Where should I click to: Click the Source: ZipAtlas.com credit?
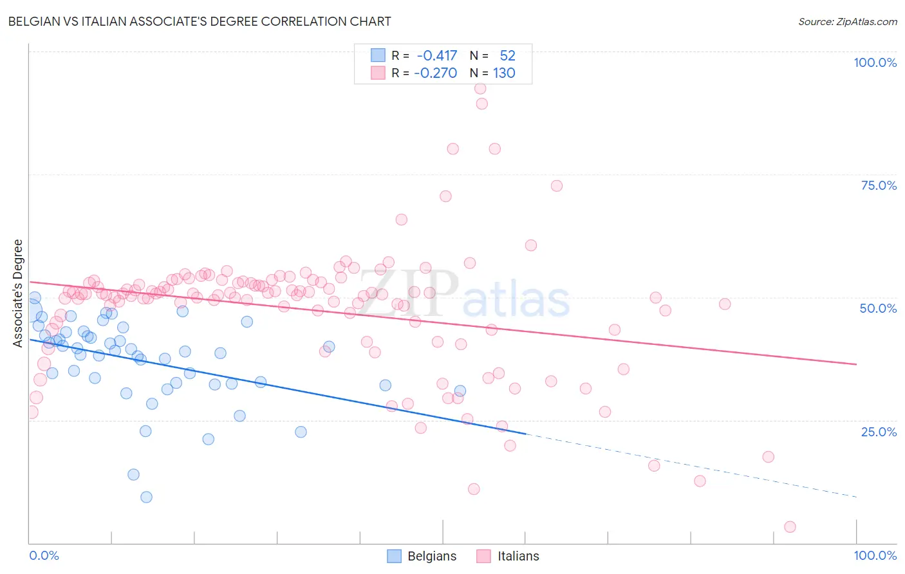847,21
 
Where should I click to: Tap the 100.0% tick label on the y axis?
875,62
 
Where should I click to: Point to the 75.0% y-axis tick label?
879,185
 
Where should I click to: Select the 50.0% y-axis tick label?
878,308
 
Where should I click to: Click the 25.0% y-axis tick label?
879,431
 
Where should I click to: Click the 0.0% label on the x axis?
44,555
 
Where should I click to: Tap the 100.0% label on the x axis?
875,555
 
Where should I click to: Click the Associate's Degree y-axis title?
18,293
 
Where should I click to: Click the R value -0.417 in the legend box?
437,56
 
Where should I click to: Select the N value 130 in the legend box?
504,73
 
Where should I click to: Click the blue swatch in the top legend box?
377,56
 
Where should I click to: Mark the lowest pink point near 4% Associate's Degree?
790,527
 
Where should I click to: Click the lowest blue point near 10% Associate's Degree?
146,497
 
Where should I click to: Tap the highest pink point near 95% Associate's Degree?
480,89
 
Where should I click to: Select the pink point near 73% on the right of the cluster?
557,186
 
